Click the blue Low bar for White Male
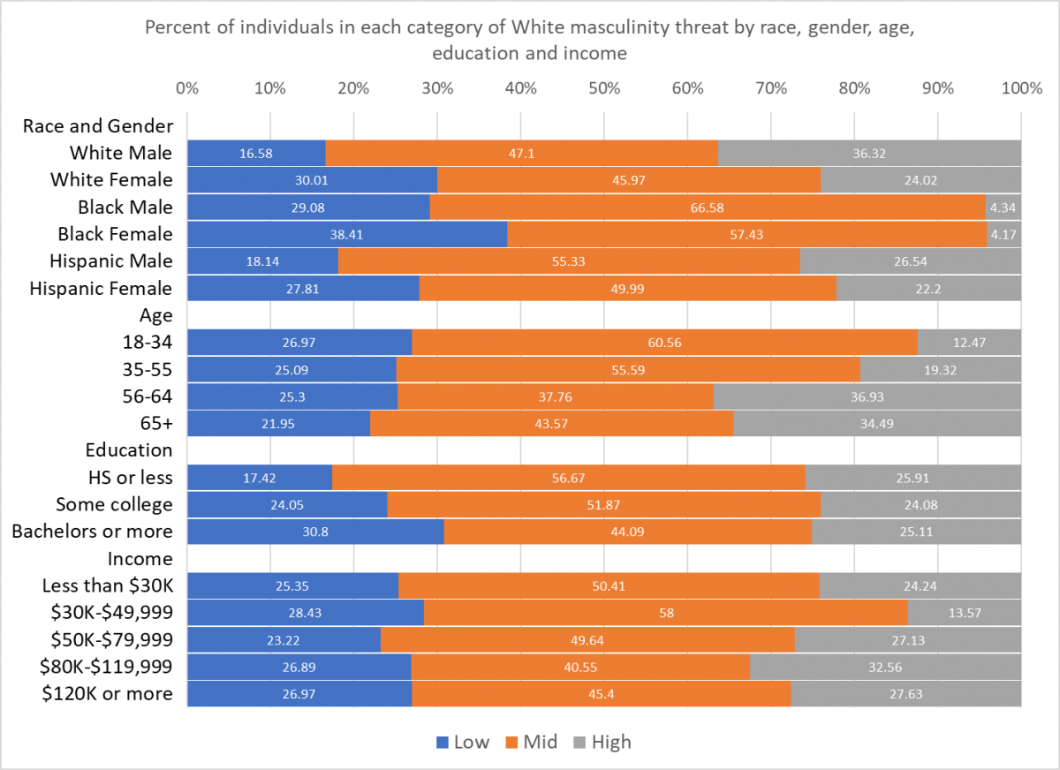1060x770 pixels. (x=256, y=153)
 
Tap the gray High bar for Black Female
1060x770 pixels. (x=1003, y=234)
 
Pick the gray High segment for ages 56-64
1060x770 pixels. (x=867, y=396)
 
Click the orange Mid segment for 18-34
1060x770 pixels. (x=664, y=342)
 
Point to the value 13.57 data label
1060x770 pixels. (x=965, y=613)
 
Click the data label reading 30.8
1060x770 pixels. (x=316, y=532)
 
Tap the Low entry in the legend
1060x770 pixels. (x=462, y=742)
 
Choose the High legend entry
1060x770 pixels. (x=602, y=742)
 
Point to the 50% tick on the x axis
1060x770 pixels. (x=604, y=88)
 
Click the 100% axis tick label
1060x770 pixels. (x=1022, y=88)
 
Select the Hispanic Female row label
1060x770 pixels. (x=101, y=288)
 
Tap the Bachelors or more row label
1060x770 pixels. (x=92, y=531)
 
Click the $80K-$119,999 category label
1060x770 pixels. (x=107, y=667)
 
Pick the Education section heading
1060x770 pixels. (x=129, y=450)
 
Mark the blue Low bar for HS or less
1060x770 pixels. (x=260, y=478)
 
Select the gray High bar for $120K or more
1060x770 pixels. (x=906, y=694)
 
